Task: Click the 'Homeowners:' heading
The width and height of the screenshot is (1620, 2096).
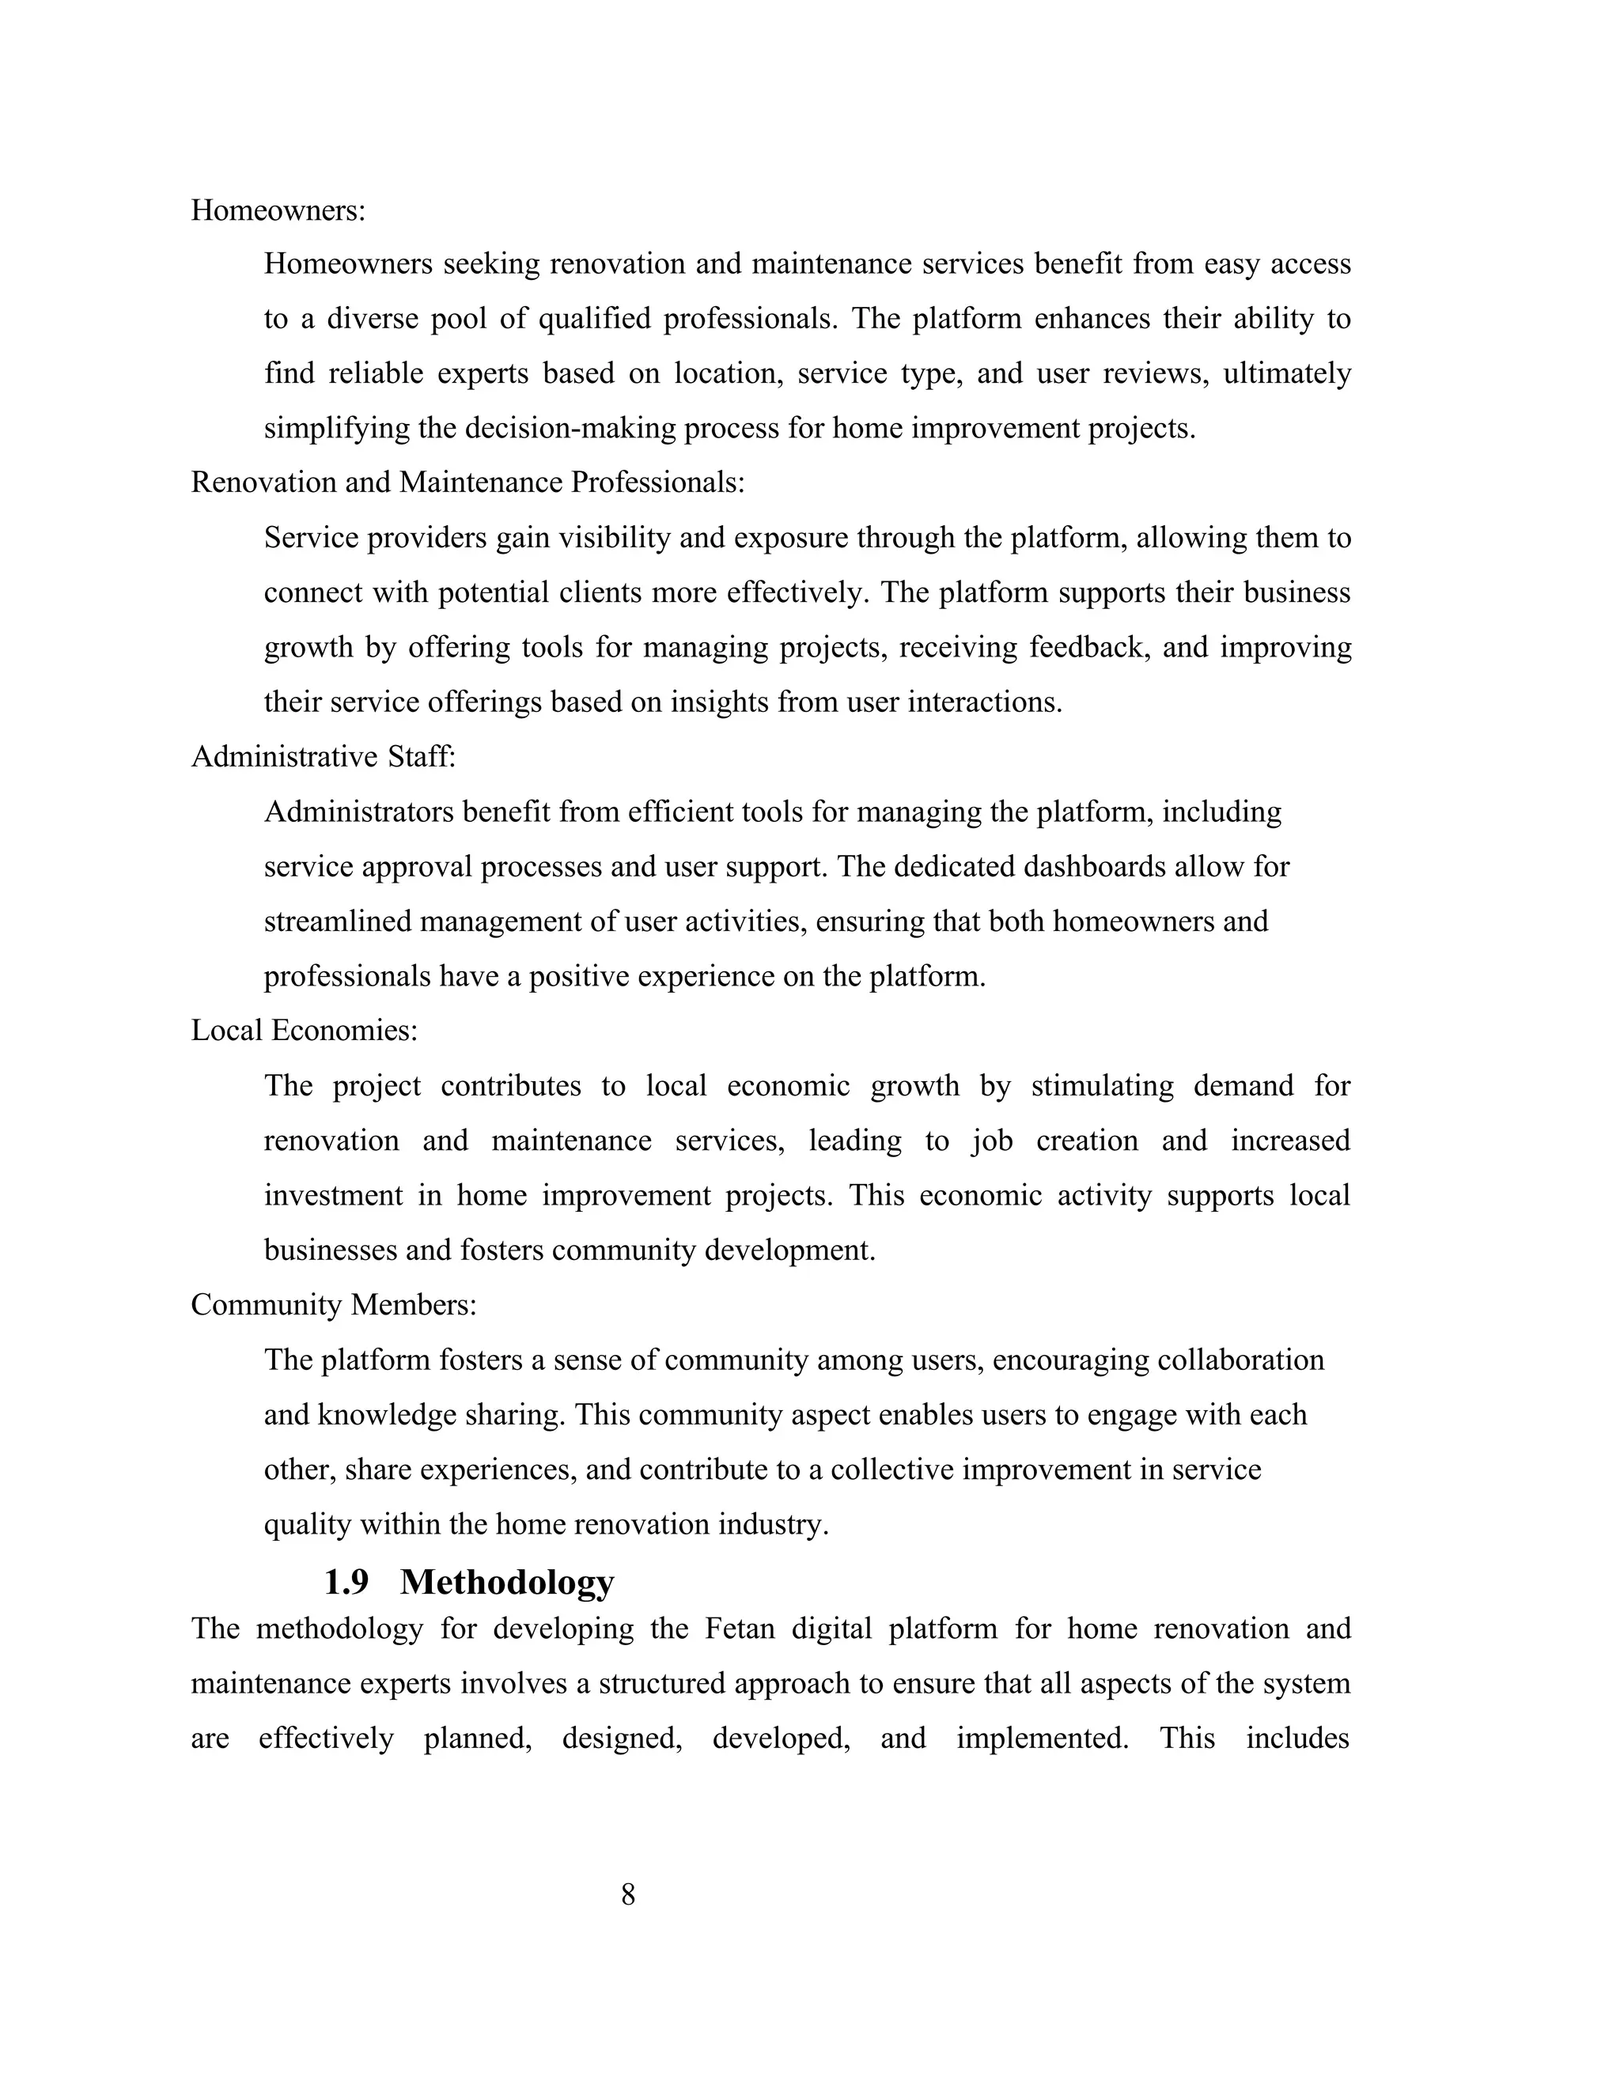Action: pos(278,210)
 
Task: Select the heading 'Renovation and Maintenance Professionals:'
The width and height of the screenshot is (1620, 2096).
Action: pos(467,482)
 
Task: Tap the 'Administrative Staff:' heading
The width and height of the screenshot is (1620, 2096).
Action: pos(324,757)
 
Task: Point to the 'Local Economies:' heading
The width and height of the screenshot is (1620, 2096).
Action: pos(305,1031)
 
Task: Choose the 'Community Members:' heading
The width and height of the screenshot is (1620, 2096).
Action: pos(334,1305)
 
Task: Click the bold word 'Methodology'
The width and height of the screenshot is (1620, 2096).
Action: pos(507,1583)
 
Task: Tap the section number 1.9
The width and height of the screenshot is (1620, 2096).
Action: pos(346,1583)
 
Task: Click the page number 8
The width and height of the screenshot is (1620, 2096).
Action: pos(629,1894)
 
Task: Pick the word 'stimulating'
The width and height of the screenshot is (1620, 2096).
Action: pos(1103,1087)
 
